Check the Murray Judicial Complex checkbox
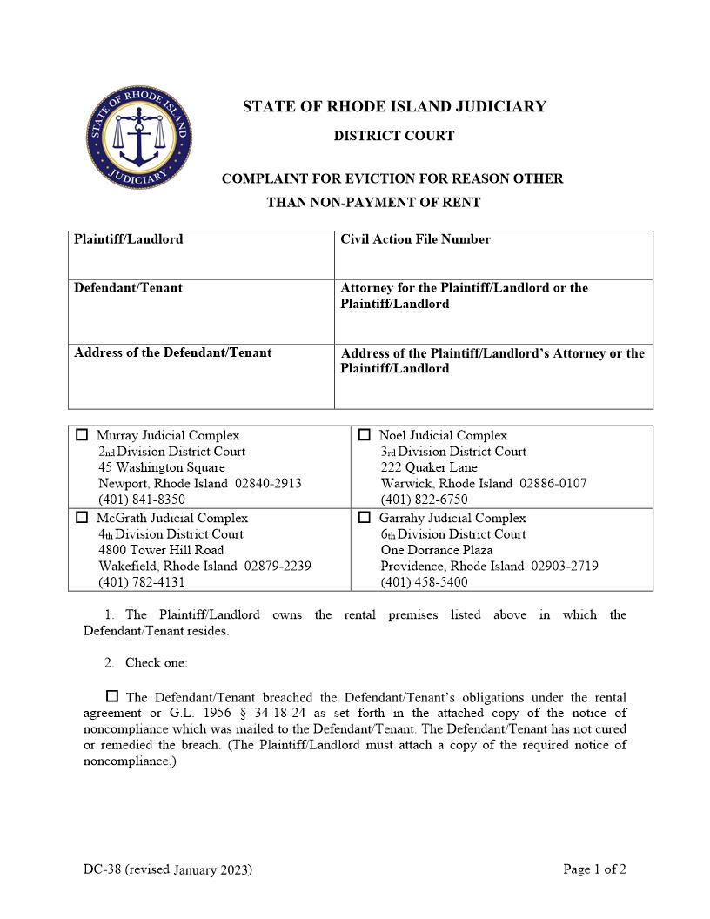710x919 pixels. (x=82, y=435)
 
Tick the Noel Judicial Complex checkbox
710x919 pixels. (x=365, y=435)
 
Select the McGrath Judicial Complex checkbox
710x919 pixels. (x=82, y=517)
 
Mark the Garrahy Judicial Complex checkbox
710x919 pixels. (x=365, y=517)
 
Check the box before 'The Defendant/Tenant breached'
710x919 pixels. (x=112, y=696)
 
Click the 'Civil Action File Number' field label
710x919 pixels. (x=415, y=239)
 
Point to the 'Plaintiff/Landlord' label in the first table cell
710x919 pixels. (x=129, y=239)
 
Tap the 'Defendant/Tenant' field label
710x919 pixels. (x=128, y=288)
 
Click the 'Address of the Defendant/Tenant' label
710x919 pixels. (x=172, y=352)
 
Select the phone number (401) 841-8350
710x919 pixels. (x=142, y=500)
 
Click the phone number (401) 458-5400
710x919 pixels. (x=424, y=582)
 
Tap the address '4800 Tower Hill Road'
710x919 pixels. (x=161, y=550)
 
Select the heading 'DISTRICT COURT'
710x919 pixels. (x=394, y=136)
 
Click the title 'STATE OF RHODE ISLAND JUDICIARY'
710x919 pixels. (x=394, y=107)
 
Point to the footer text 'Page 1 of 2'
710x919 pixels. (x=594, y=869)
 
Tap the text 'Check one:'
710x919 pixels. (x=156, y=663)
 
